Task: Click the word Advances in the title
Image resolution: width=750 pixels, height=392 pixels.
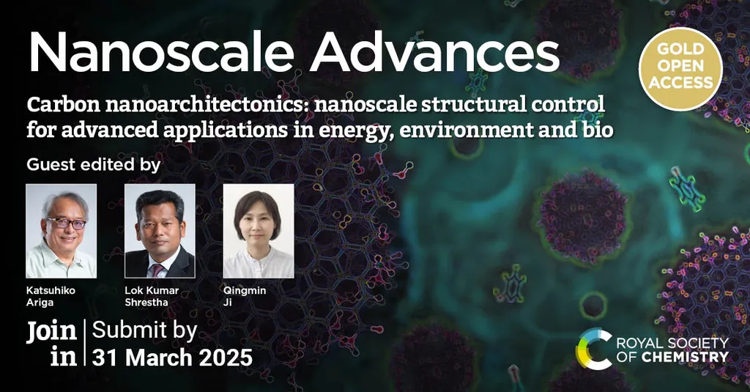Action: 434,52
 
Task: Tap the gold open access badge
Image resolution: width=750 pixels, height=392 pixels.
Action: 680,69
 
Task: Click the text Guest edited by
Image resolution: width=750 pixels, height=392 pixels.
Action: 94,165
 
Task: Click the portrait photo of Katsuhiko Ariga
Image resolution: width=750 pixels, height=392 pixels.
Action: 62,231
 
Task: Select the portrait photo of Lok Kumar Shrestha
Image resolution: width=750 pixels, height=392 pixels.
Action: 160,231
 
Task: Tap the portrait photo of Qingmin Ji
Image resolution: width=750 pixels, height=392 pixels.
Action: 259,231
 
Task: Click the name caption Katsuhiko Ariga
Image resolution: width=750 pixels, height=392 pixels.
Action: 51,296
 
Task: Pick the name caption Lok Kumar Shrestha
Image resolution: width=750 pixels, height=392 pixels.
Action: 152,296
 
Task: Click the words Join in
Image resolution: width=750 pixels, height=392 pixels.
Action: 52,344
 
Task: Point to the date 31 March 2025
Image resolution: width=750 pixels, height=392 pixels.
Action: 172,358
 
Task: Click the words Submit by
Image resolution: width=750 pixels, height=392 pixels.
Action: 144,331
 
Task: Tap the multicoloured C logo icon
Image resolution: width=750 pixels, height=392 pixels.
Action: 593,349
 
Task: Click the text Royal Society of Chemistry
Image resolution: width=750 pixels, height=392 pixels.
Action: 672,350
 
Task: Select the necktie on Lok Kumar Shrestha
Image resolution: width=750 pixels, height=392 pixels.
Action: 157,270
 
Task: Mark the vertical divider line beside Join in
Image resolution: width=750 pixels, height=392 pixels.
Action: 85,343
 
